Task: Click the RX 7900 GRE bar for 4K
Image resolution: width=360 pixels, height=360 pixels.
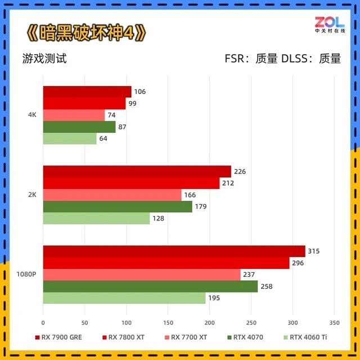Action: [x=87, y=92]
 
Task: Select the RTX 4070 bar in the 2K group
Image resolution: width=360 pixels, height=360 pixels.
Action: [x=117, y=206]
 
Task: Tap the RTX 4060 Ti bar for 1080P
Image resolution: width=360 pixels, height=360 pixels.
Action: [x=124, y=298]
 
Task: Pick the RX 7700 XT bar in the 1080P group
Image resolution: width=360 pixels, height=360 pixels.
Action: [x=141, y=274]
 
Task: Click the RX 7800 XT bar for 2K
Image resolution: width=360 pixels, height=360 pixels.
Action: [x=131, y=183]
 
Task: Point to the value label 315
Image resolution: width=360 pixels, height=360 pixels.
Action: [x=313, y=251]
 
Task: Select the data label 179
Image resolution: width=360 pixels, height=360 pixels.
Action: [x=201, y=206]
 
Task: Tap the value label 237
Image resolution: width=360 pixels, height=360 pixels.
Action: [x=248, y=274]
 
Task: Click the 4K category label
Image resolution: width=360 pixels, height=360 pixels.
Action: [x=32, y=115]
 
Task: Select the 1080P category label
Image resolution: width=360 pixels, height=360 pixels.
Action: [x=26, y=274]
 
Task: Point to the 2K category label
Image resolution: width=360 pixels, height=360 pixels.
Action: [x=32, y=195]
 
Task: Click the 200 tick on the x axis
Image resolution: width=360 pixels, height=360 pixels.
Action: [x=209, y=323]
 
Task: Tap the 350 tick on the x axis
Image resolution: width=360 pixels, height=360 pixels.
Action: [x=334, y=323]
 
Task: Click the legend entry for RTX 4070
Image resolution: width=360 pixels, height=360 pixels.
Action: [x=246, y=338]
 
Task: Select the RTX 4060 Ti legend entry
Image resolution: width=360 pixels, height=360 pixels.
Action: [x=307, y=338]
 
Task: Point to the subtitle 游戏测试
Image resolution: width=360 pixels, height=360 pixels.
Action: [x=44, y=58]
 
